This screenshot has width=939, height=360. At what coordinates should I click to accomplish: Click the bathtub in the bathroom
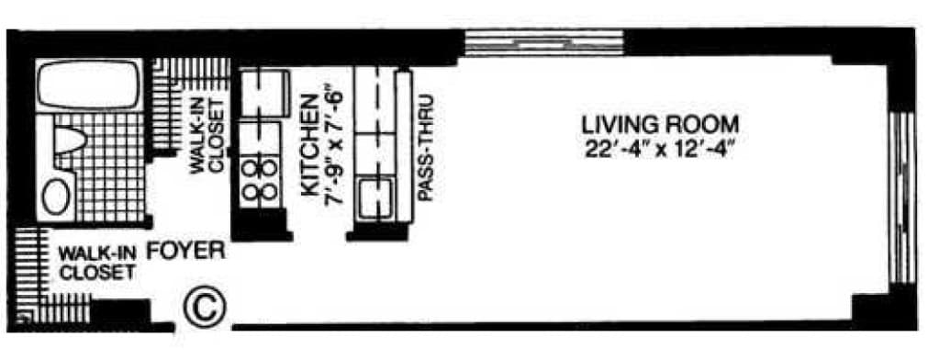click(x=88, y=86)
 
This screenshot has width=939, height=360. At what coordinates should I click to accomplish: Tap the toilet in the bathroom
click(x=69, y=140)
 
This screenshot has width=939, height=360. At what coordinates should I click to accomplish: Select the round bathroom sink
click(x=58, y=196)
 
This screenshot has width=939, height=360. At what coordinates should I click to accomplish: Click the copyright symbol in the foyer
click(x=203, y=305)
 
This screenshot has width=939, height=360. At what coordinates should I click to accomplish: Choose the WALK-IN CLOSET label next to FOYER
click(x=98, y=262)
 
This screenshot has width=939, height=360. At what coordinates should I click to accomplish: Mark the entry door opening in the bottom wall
click(x=202, y=326)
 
